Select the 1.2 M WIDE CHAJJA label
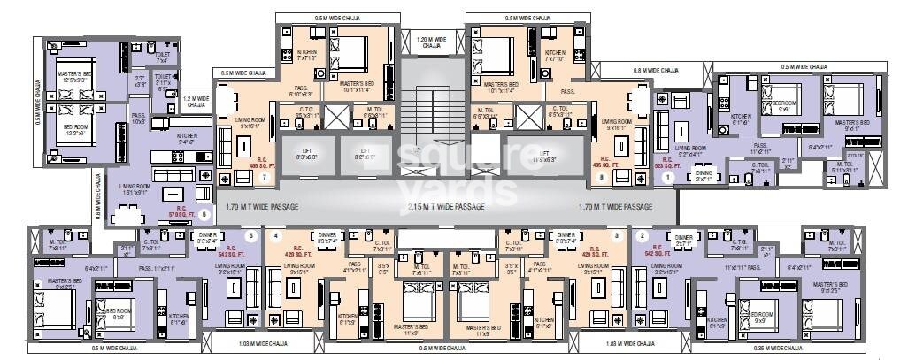pos(196,101)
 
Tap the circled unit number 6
pos(204,213)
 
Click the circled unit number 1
pos(669,176)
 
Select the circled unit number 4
pos(276,236)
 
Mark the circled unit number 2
pos(642,236)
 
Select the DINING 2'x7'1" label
pos(705,175)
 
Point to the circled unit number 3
pos(614,236)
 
